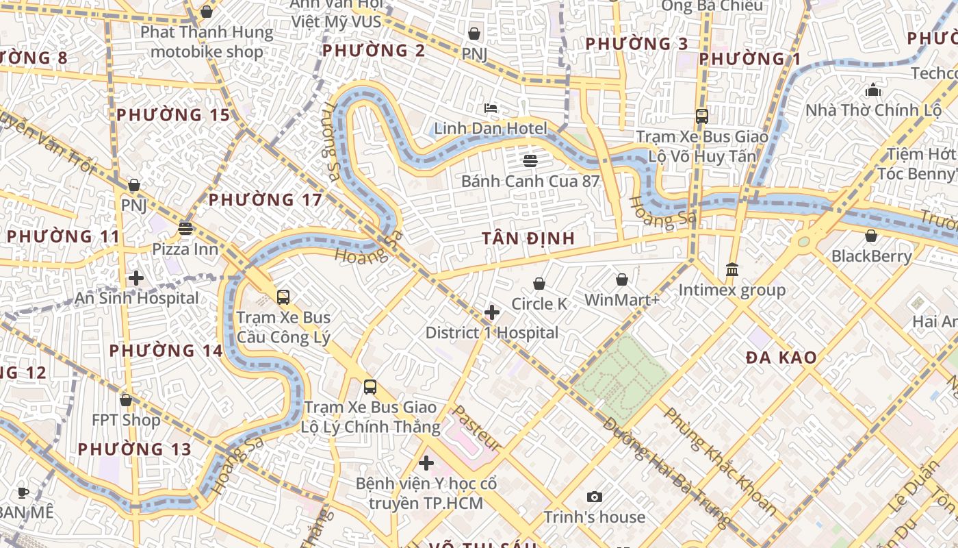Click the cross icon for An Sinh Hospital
(x=136, y=278)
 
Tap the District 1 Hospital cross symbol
(x=491, y=313)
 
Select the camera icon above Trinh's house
(x=595, y=497)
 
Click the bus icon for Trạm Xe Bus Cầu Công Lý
(x=283, y=297)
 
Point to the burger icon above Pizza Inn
(x=185, y=229)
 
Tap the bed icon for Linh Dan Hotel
(x=491, y=108)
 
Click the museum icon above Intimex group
(x=732, y=270)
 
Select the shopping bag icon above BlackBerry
(x=871, y=236)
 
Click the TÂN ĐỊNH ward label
(x=528, y=238)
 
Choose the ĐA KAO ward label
(x=781, y=358)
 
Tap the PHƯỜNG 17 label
(x=265, y=200)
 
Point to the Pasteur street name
(x=478, y=428)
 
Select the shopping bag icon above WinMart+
(x=621, y=279)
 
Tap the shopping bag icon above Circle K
(x=539, y=284)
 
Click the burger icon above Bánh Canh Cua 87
(x=530, y=161)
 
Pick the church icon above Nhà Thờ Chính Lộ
(x=873, y=90)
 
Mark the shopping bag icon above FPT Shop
(x=126, y=400)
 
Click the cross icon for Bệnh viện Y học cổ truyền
(x=426, y=464)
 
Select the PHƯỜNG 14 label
(x=166, y=351)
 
